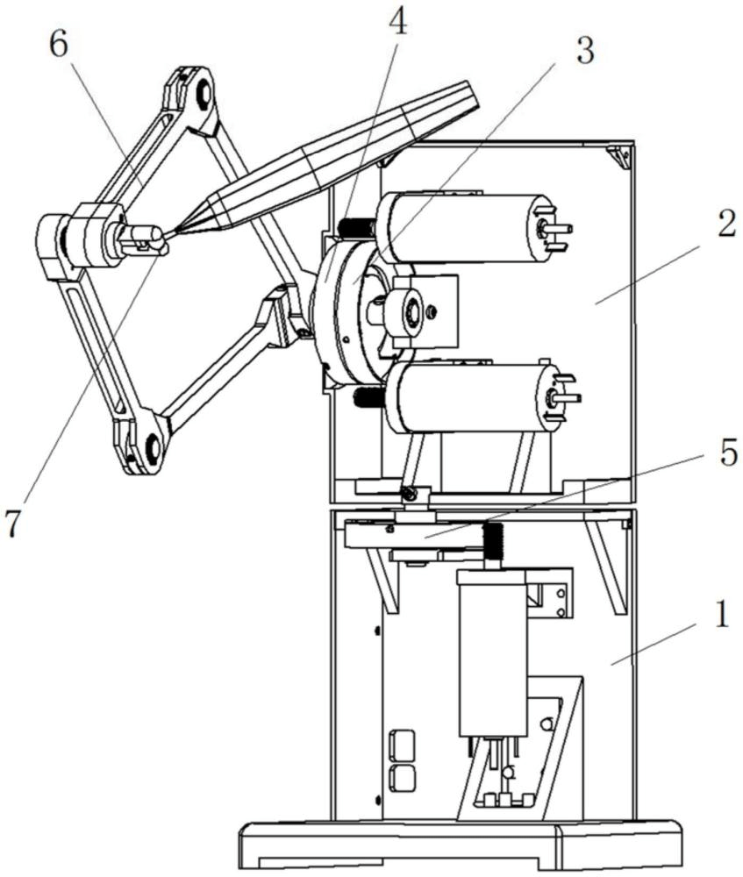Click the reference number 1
point(722,615)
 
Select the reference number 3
point(584,52)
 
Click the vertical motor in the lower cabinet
point(492,652)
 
